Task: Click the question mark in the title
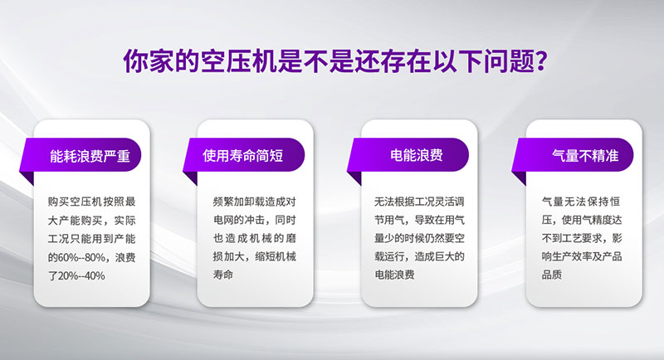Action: pyautogui.click(x=539, y=61)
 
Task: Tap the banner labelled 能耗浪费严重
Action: pyautogui.click(x=81, y=155)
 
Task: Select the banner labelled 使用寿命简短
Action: pyautogui.click(x=243, y=155)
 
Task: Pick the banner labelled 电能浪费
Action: pyautogui.click(x=408, y=155)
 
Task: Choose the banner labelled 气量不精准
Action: pyautogui.click(x=573, y=155)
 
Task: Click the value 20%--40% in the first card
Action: pyautogui.click(x=81, y=276)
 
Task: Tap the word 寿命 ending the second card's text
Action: pyautogui.click(x=223, y=275)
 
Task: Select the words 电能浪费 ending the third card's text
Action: pyautogui.click(x=395, y=275)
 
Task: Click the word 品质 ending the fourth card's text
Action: pyautogui.click(x=552, y=275)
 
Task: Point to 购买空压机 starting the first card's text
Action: pyautogui.click(x=75, y=202)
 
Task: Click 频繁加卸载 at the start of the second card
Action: pyautogui.click(x=239, y=202)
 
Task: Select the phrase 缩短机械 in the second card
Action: pyautogui.click(x=276, y=256)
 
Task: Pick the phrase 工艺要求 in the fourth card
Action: pyautogui.click(x=583, y=238)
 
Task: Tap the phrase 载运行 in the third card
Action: pyautogui.click(x=390, y=256)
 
